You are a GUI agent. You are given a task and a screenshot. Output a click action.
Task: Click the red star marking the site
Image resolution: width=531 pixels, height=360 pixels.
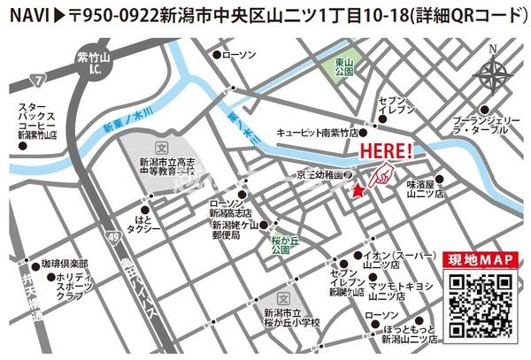[358, 191]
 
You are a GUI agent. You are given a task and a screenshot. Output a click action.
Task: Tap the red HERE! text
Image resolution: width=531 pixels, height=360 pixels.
[386, 151]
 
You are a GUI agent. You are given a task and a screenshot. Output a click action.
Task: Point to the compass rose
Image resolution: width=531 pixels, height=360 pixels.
[494, 73]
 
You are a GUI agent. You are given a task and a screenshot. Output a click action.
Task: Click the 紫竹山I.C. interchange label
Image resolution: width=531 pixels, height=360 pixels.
[89, 61]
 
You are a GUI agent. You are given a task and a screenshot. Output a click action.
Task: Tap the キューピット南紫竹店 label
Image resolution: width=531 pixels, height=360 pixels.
[317, 132]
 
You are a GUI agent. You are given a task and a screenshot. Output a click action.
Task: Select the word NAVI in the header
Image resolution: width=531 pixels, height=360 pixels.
[27, 15]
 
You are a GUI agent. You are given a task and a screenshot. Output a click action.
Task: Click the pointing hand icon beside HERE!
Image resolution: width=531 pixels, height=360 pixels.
[379, 174]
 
